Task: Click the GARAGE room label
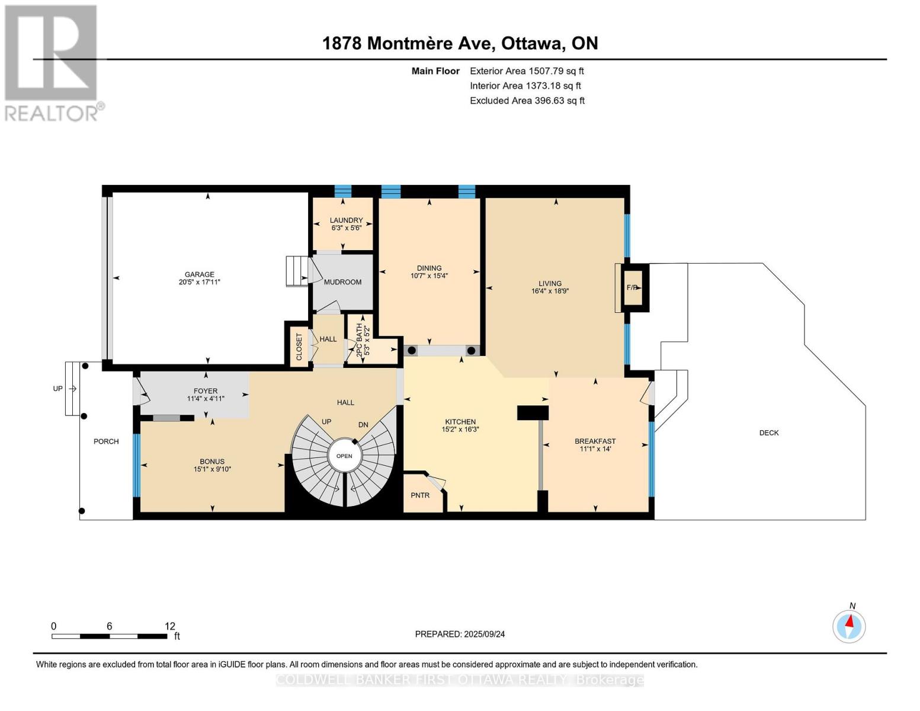point(199,274)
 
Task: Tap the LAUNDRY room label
point(346,220)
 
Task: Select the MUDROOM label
point(342,282)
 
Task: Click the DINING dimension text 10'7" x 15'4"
point(429,276)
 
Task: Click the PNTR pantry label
point(420,495)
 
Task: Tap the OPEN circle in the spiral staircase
point(344,456)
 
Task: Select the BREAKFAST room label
point(595,441)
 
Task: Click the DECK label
point(768,433)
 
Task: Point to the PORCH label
point(106,441)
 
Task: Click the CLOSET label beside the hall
point(299,347)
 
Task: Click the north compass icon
point(849,626)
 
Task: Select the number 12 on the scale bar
point(170,626)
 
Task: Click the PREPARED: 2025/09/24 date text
point(460,634)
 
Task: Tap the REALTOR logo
point(52,63)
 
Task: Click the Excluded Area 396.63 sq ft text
point(527,101)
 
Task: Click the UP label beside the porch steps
point(57,389)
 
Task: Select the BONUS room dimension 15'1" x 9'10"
point(212,469)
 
